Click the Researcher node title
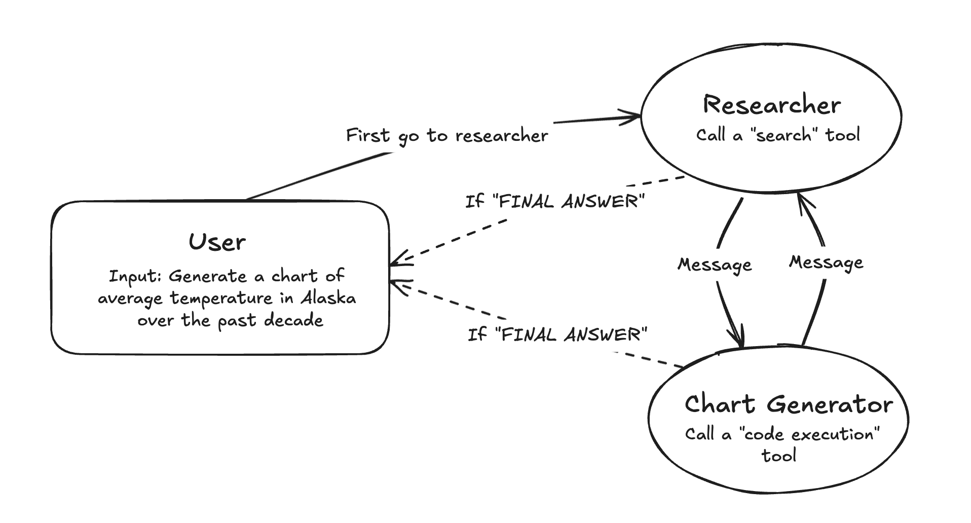coord(771,105)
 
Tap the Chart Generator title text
coord(788,404)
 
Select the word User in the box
coord(217,242)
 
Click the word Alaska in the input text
coord(328,298)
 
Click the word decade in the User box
coord(293,320)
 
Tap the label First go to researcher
coord(446,136)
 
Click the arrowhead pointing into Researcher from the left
coord(633,117)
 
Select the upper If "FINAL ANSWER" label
coord(554,202)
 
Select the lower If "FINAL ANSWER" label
coord(557,334)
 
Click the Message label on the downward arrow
coord(715,265)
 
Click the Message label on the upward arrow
coord(826,263)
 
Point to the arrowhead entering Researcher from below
coord(803,201)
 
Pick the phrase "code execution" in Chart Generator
coord(809,434)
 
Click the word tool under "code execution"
coord(779,455)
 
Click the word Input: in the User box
coord(135,277)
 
